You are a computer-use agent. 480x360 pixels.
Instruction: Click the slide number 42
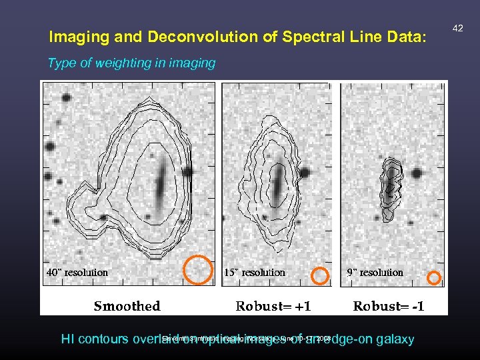(x=457, y=27)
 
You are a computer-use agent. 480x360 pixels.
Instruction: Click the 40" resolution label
(x=77, y=272)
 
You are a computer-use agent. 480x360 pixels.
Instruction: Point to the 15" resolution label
(x=254, y=272)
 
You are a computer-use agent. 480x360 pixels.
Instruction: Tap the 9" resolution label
(x=375, y=272)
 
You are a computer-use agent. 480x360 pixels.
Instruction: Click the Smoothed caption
(x=127, y=306)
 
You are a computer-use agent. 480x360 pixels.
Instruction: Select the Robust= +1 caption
(x=273, y=306)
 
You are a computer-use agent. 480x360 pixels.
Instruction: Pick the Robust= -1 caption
(x=388, y=306)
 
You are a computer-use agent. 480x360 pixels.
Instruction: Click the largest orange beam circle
(x=198, y=269)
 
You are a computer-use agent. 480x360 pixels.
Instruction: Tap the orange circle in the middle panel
(x=321, y=275)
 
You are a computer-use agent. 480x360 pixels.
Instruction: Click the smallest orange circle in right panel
(x=434, y=277)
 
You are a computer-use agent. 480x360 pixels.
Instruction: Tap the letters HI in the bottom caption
(x=67, y=339)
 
